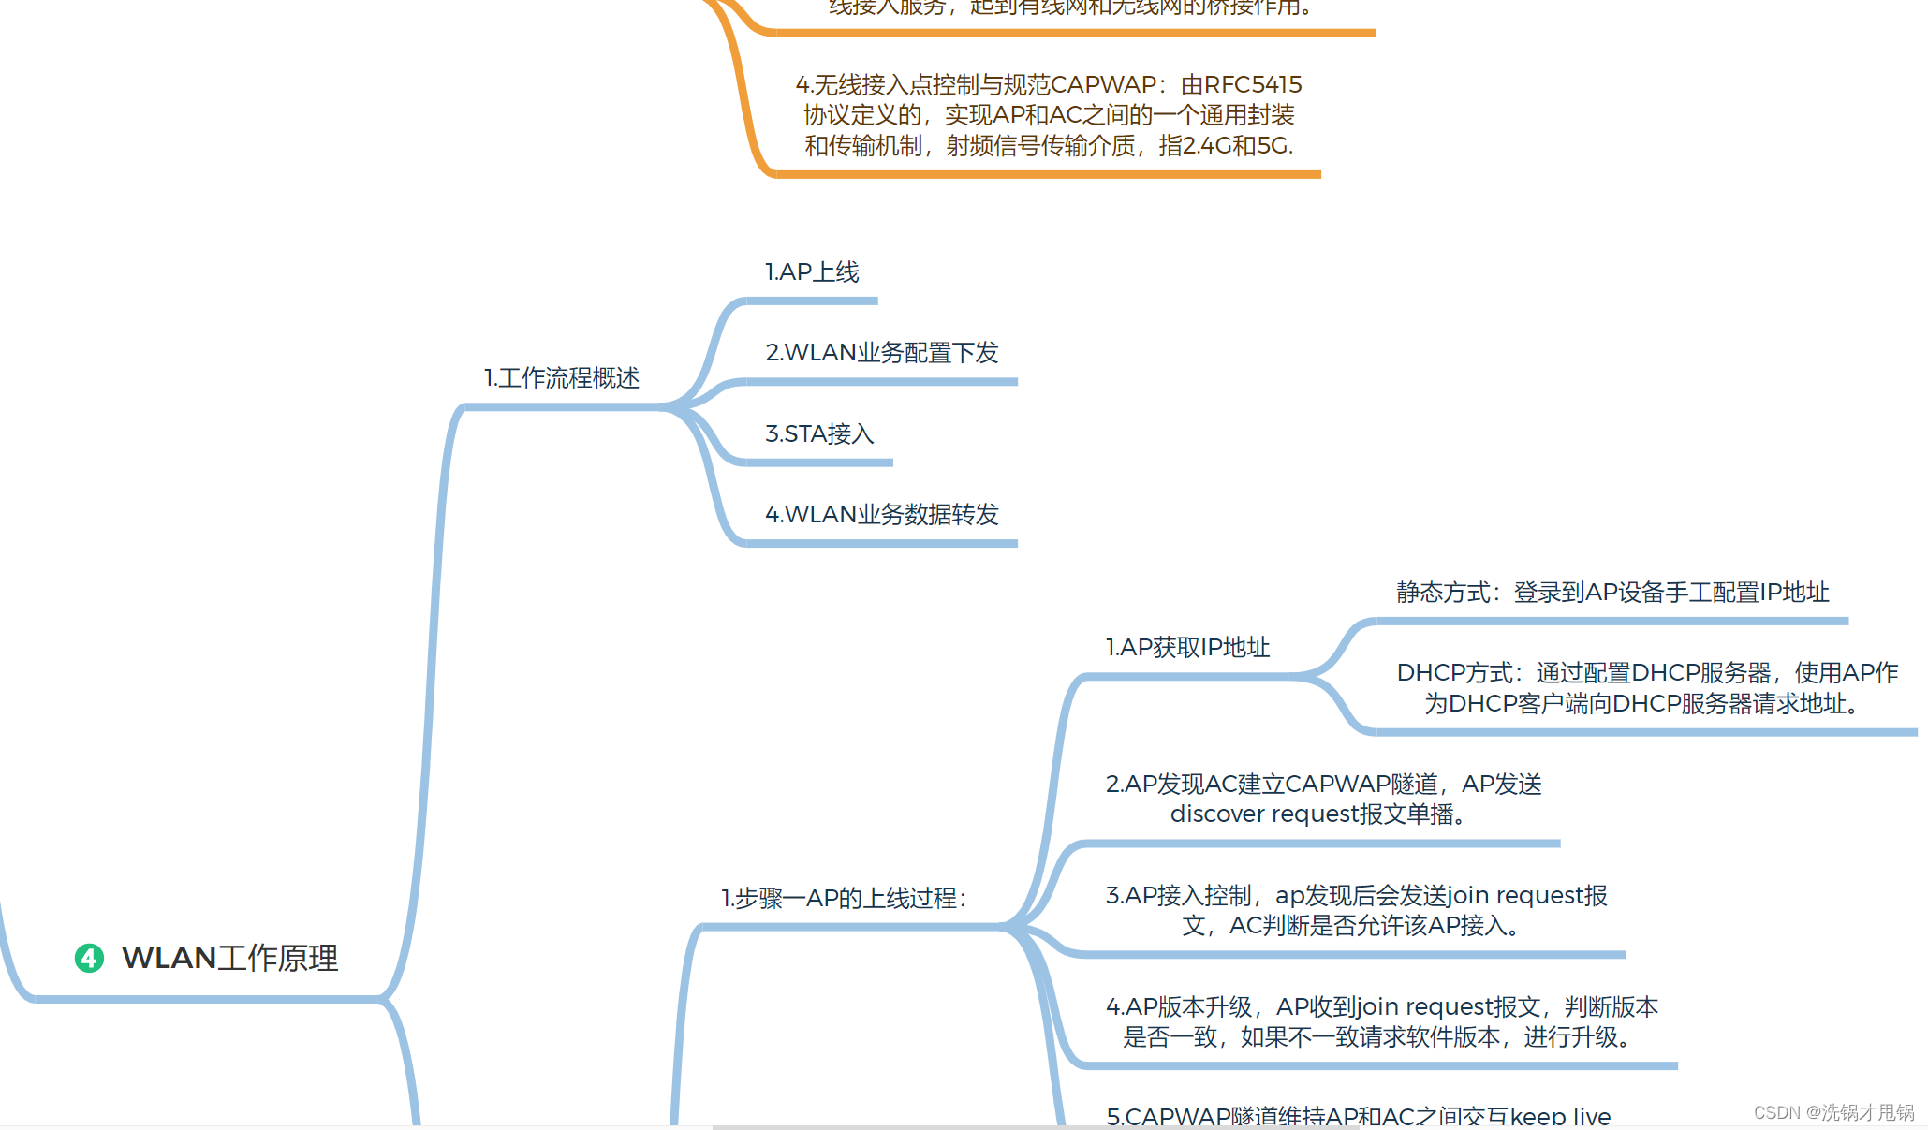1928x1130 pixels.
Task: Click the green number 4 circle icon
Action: click(89, 958)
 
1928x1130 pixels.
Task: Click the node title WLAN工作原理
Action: click(230, 958)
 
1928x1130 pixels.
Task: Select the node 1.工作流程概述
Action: click(562, 378)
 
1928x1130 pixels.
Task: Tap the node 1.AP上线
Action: click(812, 272)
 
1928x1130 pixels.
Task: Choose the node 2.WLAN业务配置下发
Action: click(882, 353)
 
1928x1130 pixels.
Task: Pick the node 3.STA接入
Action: click(819, 434)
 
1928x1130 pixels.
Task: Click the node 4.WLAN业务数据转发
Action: click(882, 515)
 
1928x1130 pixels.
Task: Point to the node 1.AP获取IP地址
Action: click(1187, 648)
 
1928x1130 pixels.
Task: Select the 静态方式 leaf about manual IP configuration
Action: click(1612, 593)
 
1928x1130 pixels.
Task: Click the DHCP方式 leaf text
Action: click(1647, 688)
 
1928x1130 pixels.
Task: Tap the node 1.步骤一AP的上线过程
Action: click(843, 899)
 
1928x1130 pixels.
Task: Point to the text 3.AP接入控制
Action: click(1178, 896)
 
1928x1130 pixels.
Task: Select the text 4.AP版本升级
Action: click(1179, 1007)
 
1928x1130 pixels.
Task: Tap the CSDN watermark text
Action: click(1833, 1112)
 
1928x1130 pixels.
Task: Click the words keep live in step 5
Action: click(1560, 1117)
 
